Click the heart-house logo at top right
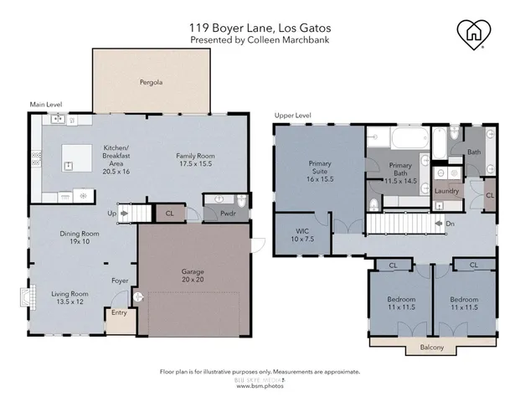pos(475,33)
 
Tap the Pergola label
pos(151,83)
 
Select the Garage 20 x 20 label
pos(193,276)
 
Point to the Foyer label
pos(121,281)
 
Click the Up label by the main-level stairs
pos(111,213)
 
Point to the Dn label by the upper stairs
pos(450,224)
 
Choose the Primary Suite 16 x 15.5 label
pos(319,173)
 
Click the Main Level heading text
pos(46,105)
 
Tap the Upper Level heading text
pos(293,115)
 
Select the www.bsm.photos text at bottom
pos(259,386)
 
